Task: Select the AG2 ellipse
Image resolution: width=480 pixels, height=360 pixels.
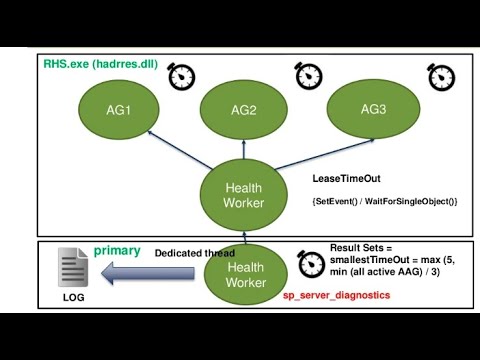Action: click(x=244, y=110)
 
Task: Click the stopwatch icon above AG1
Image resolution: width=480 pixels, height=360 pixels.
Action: click(x=181, y=76)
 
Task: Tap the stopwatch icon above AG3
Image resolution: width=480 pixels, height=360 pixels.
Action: click(x=440, y=75)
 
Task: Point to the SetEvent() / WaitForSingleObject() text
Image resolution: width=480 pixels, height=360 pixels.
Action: click(x=385, y=202)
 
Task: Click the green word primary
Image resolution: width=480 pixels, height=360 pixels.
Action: click(x=117, y=251)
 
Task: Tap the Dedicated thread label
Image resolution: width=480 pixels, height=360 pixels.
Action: click(x=194, y=253)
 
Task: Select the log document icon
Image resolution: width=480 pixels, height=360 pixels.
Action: click(x=74, y=270)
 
